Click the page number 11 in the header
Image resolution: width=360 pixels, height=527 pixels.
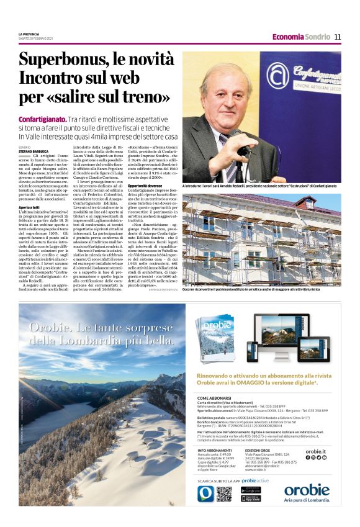[338, 37]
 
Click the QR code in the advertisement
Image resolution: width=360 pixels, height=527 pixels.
[224, 493]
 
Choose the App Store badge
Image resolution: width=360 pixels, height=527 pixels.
[251, 498]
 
